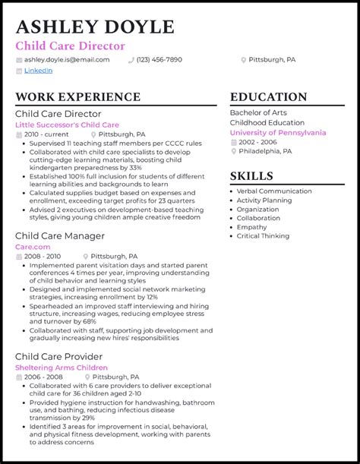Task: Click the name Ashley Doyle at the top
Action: click(x=94, y=27)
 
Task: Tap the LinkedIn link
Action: click(x=38, y=71)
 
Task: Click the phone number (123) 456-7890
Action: click(x=159, y=59)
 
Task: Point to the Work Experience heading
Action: click(x=77, y=97)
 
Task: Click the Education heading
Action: click(x=268, y=97)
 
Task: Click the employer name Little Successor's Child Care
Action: click(x=67, y=125)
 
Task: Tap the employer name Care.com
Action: click(x=33, y=247)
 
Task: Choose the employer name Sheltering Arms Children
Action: click(x=62, y=368)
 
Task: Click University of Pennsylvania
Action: click(x=277, y=132)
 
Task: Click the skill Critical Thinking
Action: click(x=263, y=236)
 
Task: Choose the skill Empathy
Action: click(x=251, y=227)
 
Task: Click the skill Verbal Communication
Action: click(x=273, y=191)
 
